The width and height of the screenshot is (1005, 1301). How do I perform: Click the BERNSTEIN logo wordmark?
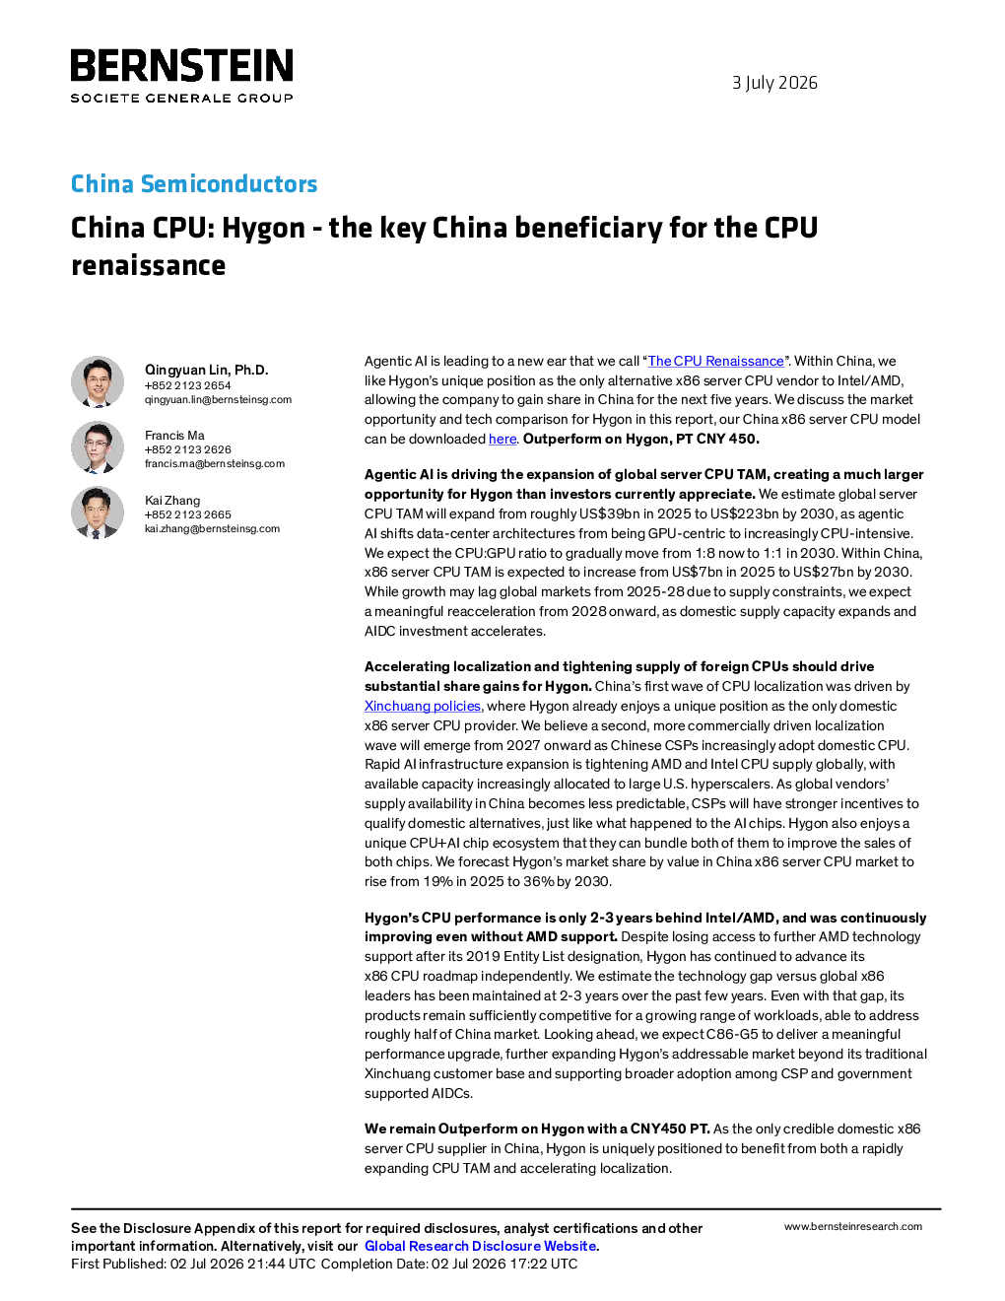tap(181, 65)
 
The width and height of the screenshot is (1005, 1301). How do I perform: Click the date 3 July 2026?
tap(774, 83)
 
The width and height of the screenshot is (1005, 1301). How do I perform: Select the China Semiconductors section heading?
tap(194, 183)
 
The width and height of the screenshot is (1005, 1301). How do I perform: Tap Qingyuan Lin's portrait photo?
tap(98, 382)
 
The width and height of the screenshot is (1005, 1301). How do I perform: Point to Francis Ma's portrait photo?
tap(98, 447)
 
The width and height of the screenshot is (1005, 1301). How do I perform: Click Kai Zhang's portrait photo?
tap(98, 512)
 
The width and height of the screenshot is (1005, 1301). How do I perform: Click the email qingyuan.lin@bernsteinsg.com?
tap(218, 400)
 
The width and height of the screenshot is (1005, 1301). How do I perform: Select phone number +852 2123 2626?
tap(187, 449)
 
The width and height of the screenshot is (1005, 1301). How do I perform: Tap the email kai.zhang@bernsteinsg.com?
tap(212, 528)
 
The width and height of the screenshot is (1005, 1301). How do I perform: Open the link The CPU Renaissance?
tap(716, 361)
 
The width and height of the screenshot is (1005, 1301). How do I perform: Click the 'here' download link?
tap(502, 439)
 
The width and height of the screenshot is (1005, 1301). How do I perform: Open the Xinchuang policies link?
tap(423, 706)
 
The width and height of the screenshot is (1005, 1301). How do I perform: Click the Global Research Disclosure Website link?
tap(481, 1246)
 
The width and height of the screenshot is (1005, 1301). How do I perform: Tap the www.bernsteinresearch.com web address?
tap(853, 1227)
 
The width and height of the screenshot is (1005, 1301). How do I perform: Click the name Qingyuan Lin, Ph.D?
tap(207, 370)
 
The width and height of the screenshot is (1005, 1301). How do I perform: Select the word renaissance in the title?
tap(149, 265)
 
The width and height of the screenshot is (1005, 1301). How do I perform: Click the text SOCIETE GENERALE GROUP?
tap(181, 99)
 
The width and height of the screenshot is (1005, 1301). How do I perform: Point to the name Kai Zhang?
tap(172, 501)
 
